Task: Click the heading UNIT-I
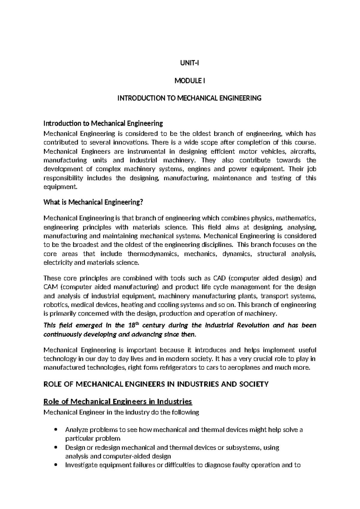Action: (x=189, y=63)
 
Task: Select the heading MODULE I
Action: (x=189, y=81)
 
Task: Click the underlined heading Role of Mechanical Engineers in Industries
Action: (x=118, y=402)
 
